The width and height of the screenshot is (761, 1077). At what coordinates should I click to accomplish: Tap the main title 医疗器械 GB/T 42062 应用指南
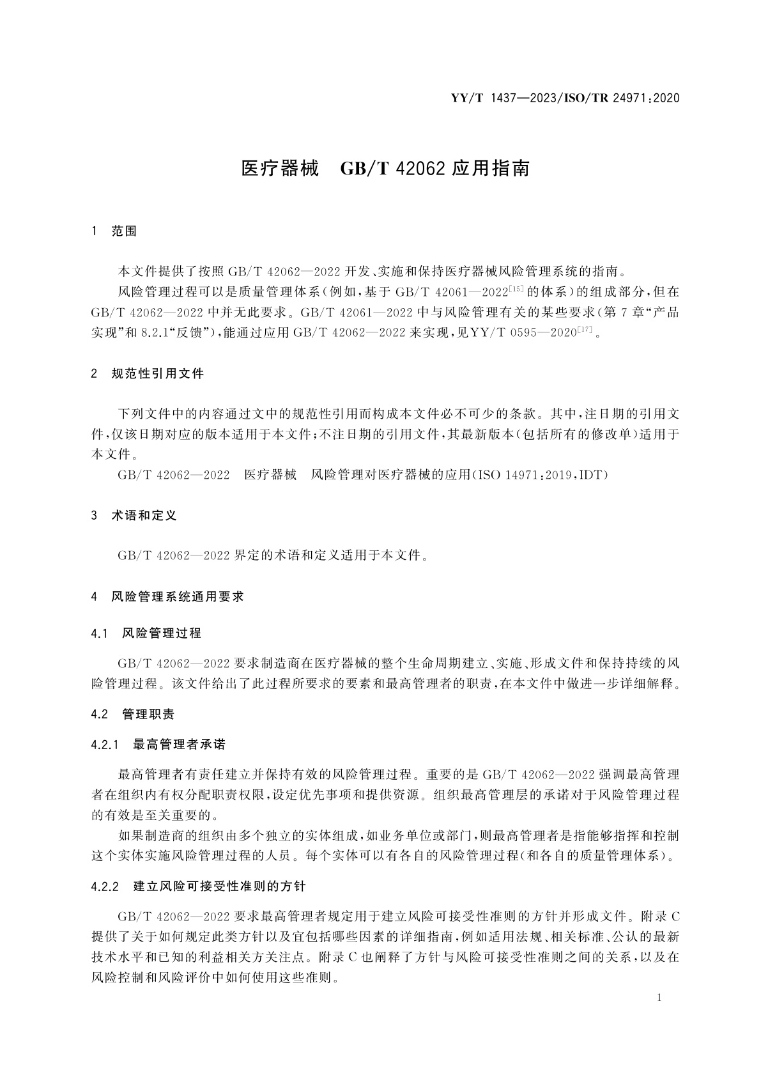(385, 169)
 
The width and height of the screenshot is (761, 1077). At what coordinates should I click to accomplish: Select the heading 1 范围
(114, 231)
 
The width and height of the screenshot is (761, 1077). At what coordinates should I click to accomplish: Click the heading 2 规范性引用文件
(148, 374)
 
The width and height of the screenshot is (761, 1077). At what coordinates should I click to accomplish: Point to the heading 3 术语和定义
(134, 515)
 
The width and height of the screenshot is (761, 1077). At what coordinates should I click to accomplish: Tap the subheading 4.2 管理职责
(133, 715)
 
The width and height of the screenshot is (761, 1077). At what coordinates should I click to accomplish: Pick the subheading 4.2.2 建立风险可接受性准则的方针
(199, 887)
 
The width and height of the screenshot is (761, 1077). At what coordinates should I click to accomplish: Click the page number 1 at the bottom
(659, 998)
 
